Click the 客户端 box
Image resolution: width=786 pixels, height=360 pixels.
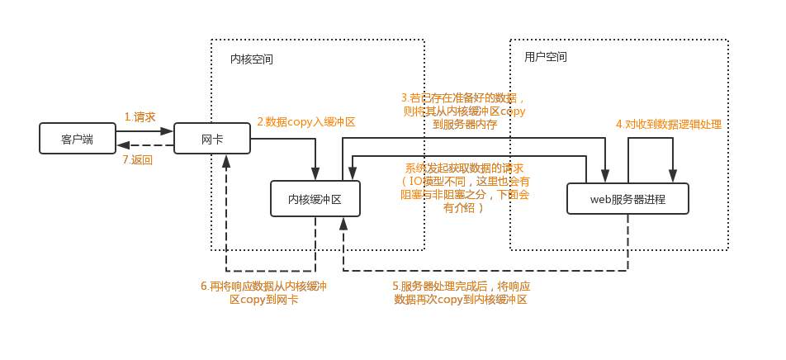[x=77, y=139]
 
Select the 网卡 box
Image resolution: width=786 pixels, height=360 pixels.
[x=212, y=139]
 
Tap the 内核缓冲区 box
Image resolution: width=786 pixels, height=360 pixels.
[x=315, y=199]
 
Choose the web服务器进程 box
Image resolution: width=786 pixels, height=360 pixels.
[x=627, y=199]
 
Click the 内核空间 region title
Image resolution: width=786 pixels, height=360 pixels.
[x=252, y=59]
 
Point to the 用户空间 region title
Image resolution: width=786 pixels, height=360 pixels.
[x=546, y=57]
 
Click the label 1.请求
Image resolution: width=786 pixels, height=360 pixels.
[x=140, y=117]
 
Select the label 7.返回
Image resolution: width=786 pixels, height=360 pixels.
[x=137, y=159]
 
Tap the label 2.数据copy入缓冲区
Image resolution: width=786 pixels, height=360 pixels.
[x=305, y=121]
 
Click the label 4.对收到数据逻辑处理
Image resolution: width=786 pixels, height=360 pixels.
[x=668, y=124]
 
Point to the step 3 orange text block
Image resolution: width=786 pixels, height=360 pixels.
[x=462, y=111]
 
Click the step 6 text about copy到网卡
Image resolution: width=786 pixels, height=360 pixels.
[x=263, y=292]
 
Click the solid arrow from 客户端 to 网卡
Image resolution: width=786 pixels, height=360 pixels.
[x=144, y=130]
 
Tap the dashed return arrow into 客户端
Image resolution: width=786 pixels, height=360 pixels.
[x=144, y=145]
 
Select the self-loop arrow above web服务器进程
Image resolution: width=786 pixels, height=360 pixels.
[x=651, y=139]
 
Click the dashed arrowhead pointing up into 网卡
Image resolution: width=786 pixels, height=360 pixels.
[x=226, y=160]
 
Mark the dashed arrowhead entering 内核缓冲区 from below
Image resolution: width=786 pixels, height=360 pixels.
[x=343, y=223]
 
